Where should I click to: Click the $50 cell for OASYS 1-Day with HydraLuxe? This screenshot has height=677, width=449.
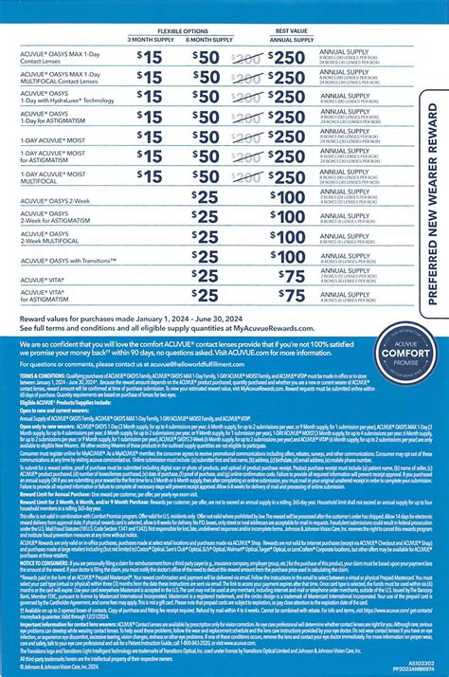[207, 78]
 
